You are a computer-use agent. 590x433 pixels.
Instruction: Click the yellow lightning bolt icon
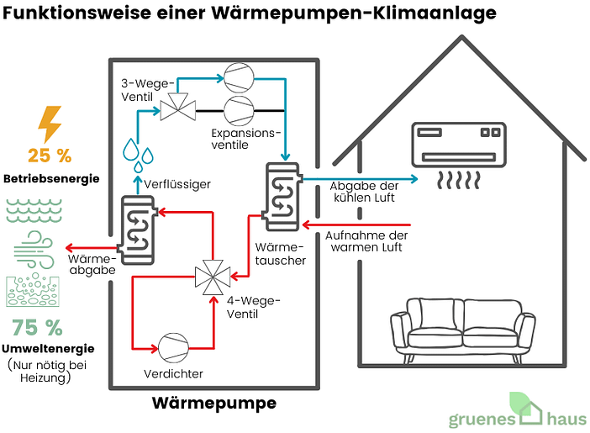[x=50, y=124]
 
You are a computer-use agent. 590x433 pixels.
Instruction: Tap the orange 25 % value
[x=50, y=156]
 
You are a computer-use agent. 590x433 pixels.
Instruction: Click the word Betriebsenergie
[x=51, y=179]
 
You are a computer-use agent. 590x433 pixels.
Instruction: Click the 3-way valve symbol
[x=177, y=105]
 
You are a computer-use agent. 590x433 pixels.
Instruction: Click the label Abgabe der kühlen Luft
[x=363, y=193]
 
